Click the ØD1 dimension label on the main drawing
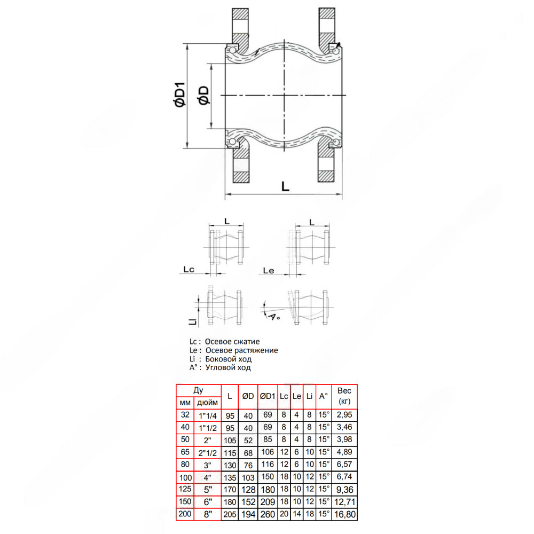pos(179,95)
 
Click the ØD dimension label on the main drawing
pos(203,96)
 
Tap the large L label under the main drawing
pos(285,186)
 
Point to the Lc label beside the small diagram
pos(189,269)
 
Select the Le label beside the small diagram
pos(269,271)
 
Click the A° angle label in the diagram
pos(274,317)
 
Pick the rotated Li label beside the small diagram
pos(193,321)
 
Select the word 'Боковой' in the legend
pos(219,359)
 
